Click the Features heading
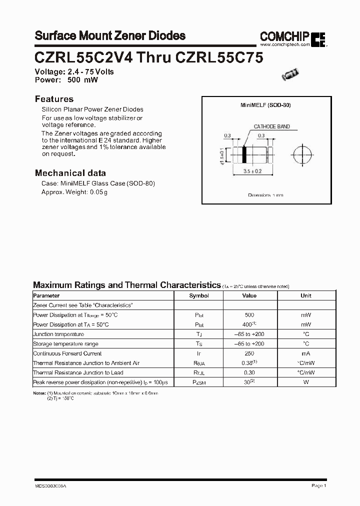point(54,99)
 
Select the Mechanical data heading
point(70,173)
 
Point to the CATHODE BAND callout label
point(271,127)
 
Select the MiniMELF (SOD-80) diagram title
point(265,105)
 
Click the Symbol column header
point(199,295)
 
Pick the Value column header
point(249,295)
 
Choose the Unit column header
point(306,295)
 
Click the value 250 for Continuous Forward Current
point(249,353)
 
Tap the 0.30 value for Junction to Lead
point(249,372)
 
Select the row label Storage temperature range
point(65,344)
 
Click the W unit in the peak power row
point(306,382)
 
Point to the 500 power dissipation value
point(249,315)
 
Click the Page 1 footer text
point(318,485)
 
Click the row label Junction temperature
point(58,334)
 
